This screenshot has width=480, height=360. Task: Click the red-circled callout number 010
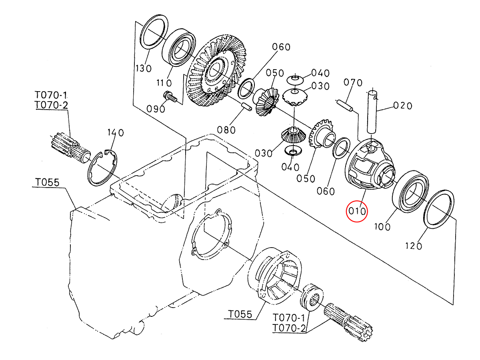tap(357, 211)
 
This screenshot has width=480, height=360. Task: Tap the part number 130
tap(144, 69)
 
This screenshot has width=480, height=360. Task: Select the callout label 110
tap(164, 83)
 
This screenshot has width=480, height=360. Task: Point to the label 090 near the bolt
tap(156, 109)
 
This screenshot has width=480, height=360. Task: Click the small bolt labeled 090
tap(170, 97)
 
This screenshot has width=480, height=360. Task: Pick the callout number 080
tap(226, 130)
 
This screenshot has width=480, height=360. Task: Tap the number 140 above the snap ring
tap(116, 133)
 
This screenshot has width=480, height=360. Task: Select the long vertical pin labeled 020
tap(372, 112)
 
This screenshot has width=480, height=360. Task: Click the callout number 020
tap(402, 106)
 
